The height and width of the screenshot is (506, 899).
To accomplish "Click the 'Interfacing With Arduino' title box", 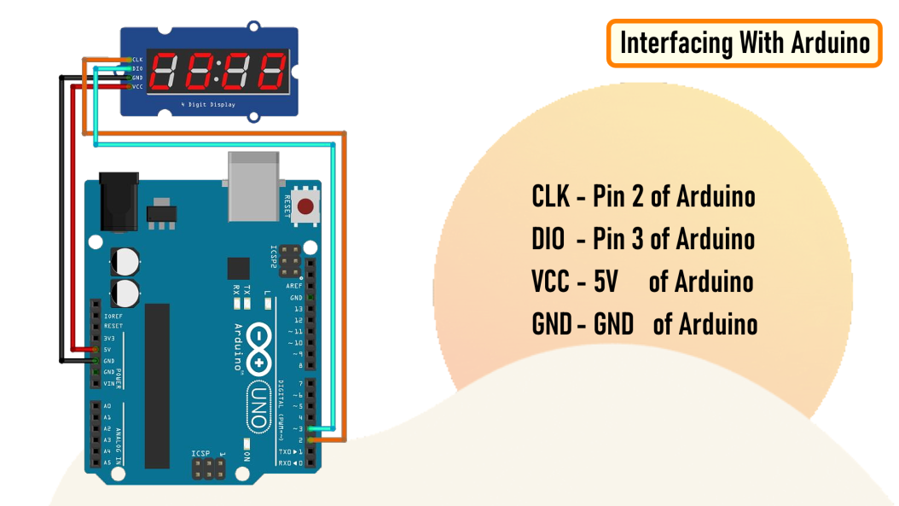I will point(744,43).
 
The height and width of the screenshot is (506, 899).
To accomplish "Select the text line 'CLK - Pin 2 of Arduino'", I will point(643,197).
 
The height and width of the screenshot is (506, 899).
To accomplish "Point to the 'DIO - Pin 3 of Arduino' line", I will point(643,239).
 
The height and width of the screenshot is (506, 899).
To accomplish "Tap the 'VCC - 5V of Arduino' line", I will point(642,282).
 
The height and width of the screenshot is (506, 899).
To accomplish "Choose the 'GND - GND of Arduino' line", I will point(644,324).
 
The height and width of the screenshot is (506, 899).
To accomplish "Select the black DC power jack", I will point(118,202).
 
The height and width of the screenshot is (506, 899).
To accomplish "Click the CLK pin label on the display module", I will point(136,60).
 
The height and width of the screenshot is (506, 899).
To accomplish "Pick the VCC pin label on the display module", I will point(136,86).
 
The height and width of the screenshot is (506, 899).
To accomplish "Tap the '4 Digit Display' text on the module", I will point(208,104).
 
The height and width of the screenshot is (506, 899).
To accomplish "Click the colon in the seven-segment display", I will point(217,72).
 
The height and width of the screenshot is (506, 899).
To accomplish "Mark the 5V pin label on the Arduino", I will point(107,350).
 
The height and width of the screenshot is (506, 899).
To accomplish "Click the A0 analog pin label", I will point(107,407).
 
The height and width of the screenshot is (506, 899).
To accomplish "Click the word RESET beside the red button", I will point(287,206).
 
